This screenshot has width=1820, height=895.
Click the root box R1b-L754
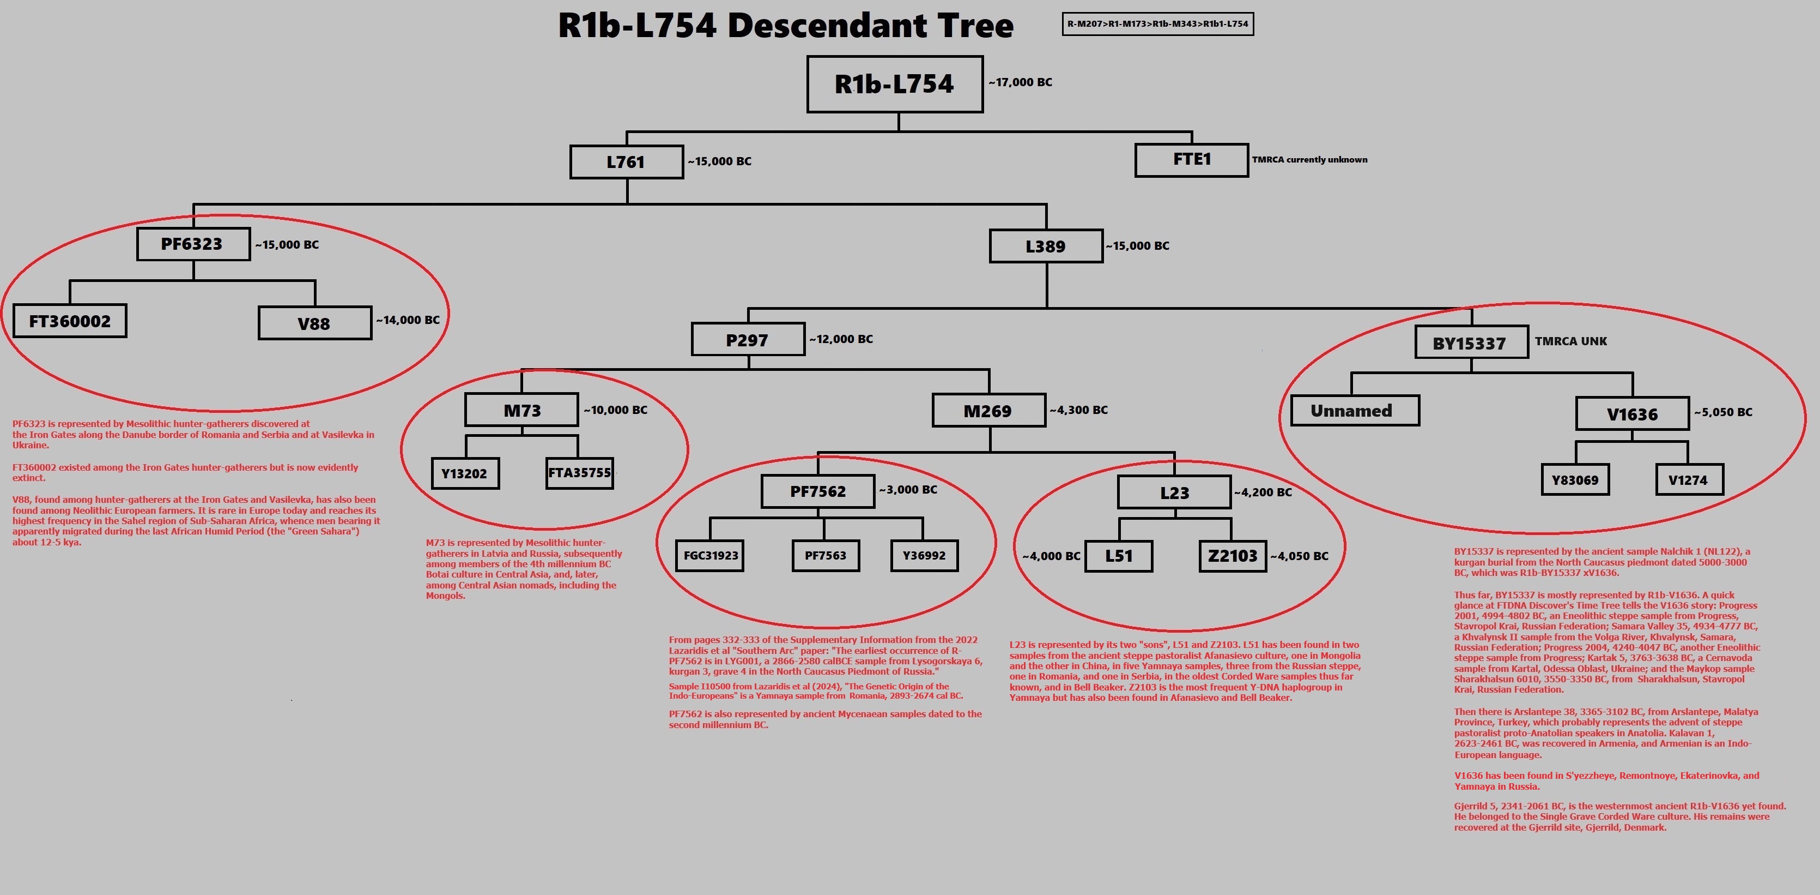894,84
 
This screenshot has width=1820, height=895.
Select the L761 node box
626,162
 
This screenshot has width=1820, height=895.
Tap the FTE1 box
1191,160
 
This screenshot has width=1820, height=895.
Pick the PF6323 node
193,244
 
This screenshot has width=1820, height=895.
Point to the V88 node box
314,323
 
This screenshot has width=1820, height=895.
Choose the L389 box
1046,246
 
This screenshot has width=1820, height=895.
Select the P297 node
748,339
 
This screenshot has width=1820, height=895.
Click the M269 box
988,411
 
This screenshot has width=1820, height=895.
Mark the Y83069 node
1575,480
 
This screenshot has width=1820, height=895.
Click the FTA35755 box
579,473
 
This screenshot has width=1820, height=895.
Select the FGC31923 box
711,556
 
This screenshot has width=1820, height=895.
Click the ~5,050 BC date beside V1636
1722,412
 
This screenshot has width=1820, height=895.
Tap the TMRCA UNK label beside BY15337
1570,341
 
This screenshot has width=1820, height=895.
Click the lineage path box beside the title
1157,24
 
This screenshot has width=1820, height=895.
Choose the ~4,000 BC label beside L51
1051,556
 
